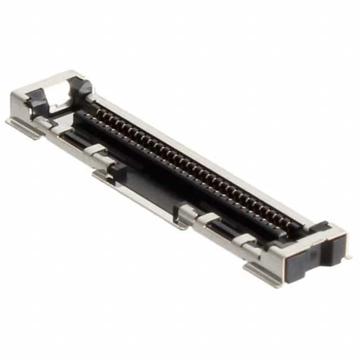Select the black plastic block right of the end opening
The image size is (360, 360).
(x=82, y=87)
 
